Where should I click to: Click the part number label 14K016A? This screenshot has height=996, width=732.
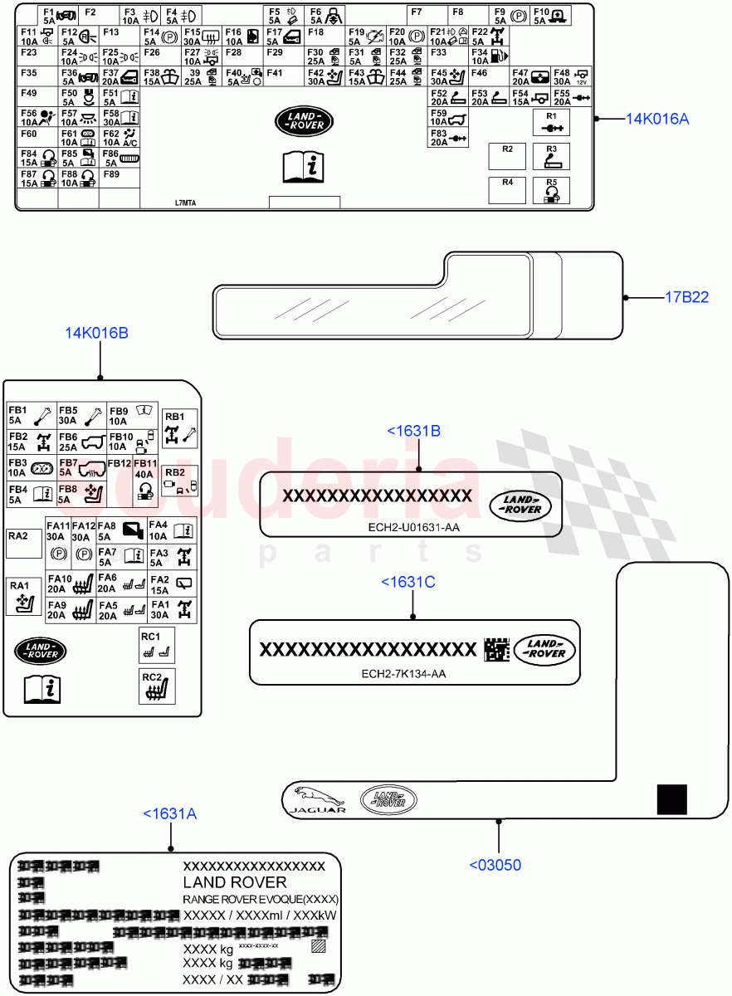657,119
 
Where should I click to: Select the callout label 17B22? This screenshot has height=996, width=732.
686,297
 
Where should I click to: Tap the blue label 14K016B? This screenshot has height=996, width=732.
97,333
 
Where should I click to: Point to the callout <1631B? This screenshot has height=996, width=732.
413,431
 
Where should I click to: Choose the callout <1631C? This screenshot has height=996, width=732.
407,582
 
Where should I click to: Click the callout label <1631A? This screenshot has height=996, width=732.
169,814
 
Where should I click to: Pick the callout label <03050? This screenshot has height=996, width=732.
495,865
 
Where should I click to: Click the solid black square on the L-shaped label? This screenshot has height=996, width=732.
671,800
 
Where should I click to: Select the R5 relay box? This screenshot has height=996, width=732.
551,190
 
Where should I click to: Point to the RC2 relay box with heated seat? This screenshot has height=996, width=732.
157,686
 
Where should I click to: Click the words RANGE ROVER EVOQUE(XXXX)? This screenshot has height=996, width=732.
260,899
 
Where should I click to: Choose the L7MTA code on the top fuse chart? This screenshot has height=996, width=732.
186,203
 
